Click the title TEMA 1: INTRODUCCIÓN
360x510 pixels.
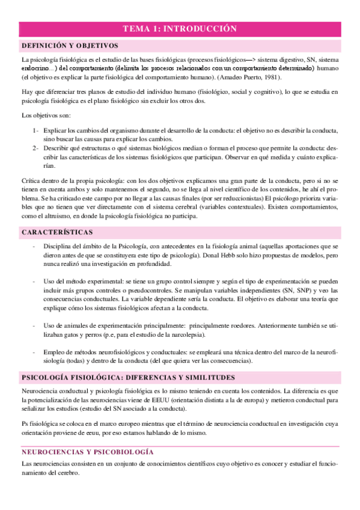[x=180, y=28]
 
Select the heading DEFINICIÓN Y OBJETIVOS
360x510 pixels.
[x=69, y=46]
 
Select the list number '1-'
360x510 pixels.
[x=36, y=131]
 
